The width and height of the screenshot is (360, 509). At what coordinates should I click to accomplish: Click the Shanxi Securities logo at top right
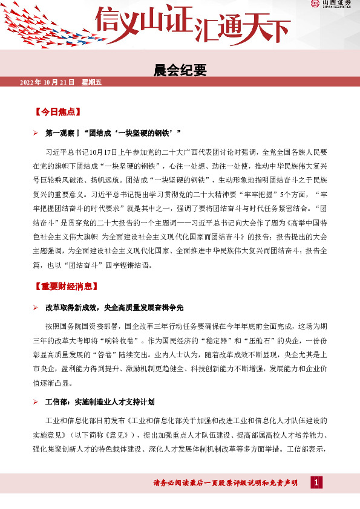click(332, 5)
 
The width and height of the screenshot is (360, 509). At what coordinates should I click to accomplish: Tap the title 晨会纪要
click(180, 71)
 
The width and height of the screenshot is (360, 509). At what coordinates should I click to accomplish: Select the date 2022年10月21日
click(47, 82)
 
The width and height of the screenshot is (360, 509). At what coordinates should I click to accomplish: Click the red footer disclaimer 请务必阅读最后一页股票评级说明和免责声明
click(226, 483)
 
